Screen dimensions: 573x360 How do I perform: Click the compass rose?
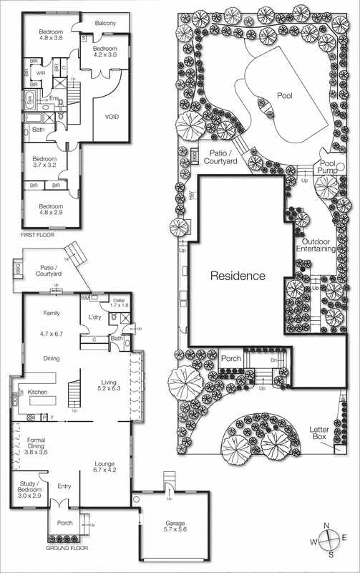pos(328,541)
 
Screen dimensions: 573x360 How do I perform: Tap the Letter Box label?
pos(320,433)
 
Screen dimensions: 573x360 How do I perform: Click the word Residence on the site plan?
pos(238,276)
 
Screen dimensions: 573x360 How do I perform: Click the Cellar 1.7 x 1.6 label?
pos(119,303)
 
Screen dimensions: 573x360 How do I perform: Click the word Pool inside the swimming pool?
pos(285,95)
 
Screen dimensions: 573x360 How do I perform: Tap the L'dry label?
pos(94,317)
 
